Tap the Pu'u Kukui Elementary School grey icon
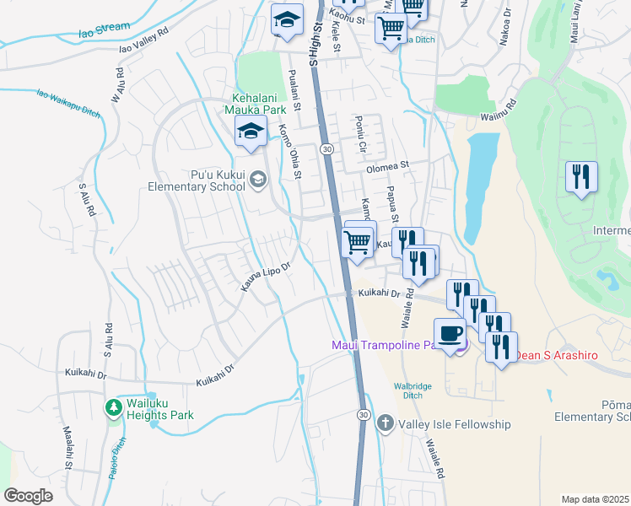(258, 177)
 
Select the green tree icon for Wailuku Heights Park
(113, 408)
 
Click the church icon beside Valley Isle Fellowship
(385, 423)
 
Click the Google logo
(29, 496)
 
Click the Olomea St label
(386, 166)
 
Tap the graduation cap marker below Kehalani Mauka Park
(250, 132)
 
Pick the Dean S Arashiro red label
(556, 355)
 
